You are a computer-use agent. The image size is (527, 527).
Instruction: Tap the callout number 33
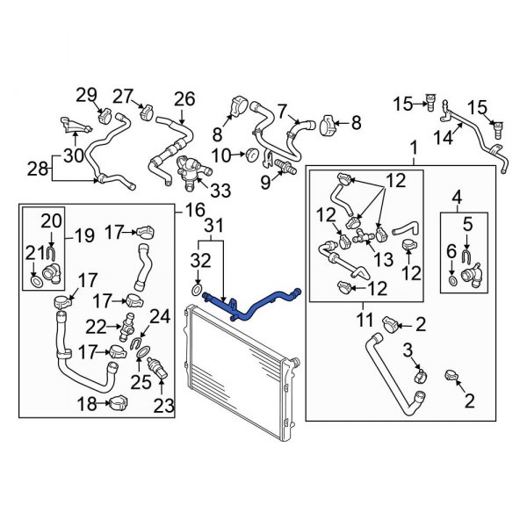pos(220,191)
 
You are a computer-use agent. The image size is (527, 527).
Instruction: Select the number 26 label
pos(184,99)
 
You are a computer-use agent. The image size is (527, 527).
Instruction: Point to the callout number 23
pos(164,405)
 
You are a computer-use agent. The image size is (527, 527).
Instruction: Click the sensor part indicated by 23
pos(157,369)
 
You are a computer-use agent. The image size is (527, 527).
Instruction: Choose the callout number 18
pos(88,404)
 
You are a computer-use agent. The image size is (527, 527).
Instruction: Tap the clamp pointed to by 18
pos(119,402)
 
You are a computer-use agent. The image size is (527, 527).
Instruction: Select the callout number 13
pos(384,259)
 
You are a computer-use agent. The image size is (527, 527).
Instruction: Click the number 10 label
pos(221,156)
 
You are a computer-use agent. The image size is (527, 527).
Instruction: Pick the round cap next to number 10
pos(252,155)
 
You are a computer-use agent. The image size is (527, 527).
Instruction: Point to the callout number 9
pos(265,183)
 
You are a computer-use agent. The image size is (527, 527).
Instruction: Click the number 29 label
pos(86,96)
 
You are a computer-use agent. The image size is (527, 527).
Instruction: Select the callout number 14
pos(443,138)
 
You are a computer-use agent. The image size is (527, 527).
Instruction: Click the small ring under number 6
pos(452,280)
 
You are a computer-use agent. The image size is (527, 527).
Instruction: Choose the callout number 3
pos(408,350)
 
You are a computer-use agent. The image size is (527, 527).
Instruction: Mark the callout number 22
pos(96,327)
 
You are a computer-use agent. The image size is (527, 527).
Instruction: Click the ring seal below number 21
pos(37,282)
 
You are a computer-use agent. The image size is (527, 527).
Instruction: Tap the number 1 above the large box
pos(414,148)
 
